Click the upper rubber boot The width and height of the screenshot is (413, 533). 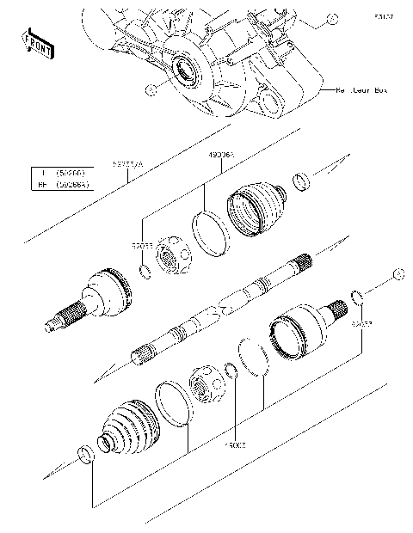tap(256, 207)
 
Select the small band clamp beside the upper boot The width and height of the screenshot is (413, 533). tap(301, 181)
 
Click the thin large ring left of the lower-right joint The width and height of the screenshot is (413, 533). tap(254, 357)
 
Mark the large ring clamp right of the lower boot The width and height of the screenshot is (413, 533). tap(174, 404)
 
